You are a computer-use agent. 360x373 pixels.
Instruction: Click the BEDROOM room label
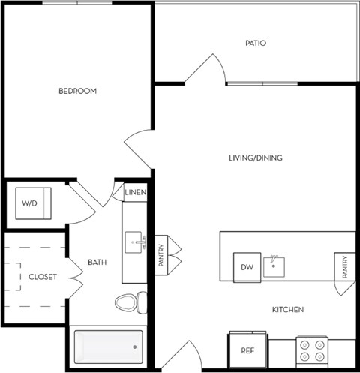coord(78,91)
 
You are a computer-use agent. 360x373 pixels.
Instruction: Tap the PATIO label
coord(256,43)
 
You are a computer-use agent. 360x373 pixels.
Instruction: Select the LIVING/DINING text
coord(256,158)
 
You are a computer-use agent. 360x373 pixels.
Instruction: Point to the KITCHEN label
coord(289,309)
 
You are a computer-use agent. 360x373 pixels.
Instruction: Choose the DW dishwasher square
coord(247,267)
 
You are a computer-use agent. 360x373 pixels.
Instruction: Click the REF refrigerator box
coord(247,350)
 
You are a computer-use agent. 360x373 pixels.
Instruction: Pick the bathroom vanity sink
coord(137,242)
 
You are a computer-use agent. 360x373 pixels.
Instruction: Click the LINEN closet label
coord(136,193)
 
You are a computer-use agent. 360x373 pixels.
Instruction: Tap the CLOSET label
coord(43,277)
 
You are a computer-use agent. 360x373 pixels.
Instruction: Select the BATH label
coord(97,262)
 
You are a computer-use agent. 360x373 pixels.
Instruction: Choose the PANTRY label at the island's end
coord(345,268)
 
